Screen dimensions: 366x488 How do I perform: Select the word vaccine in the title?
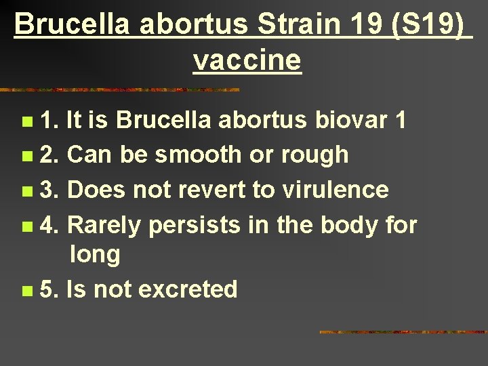pos(247,60)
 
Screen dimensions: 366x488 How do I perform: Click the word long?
pos(94,255)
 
